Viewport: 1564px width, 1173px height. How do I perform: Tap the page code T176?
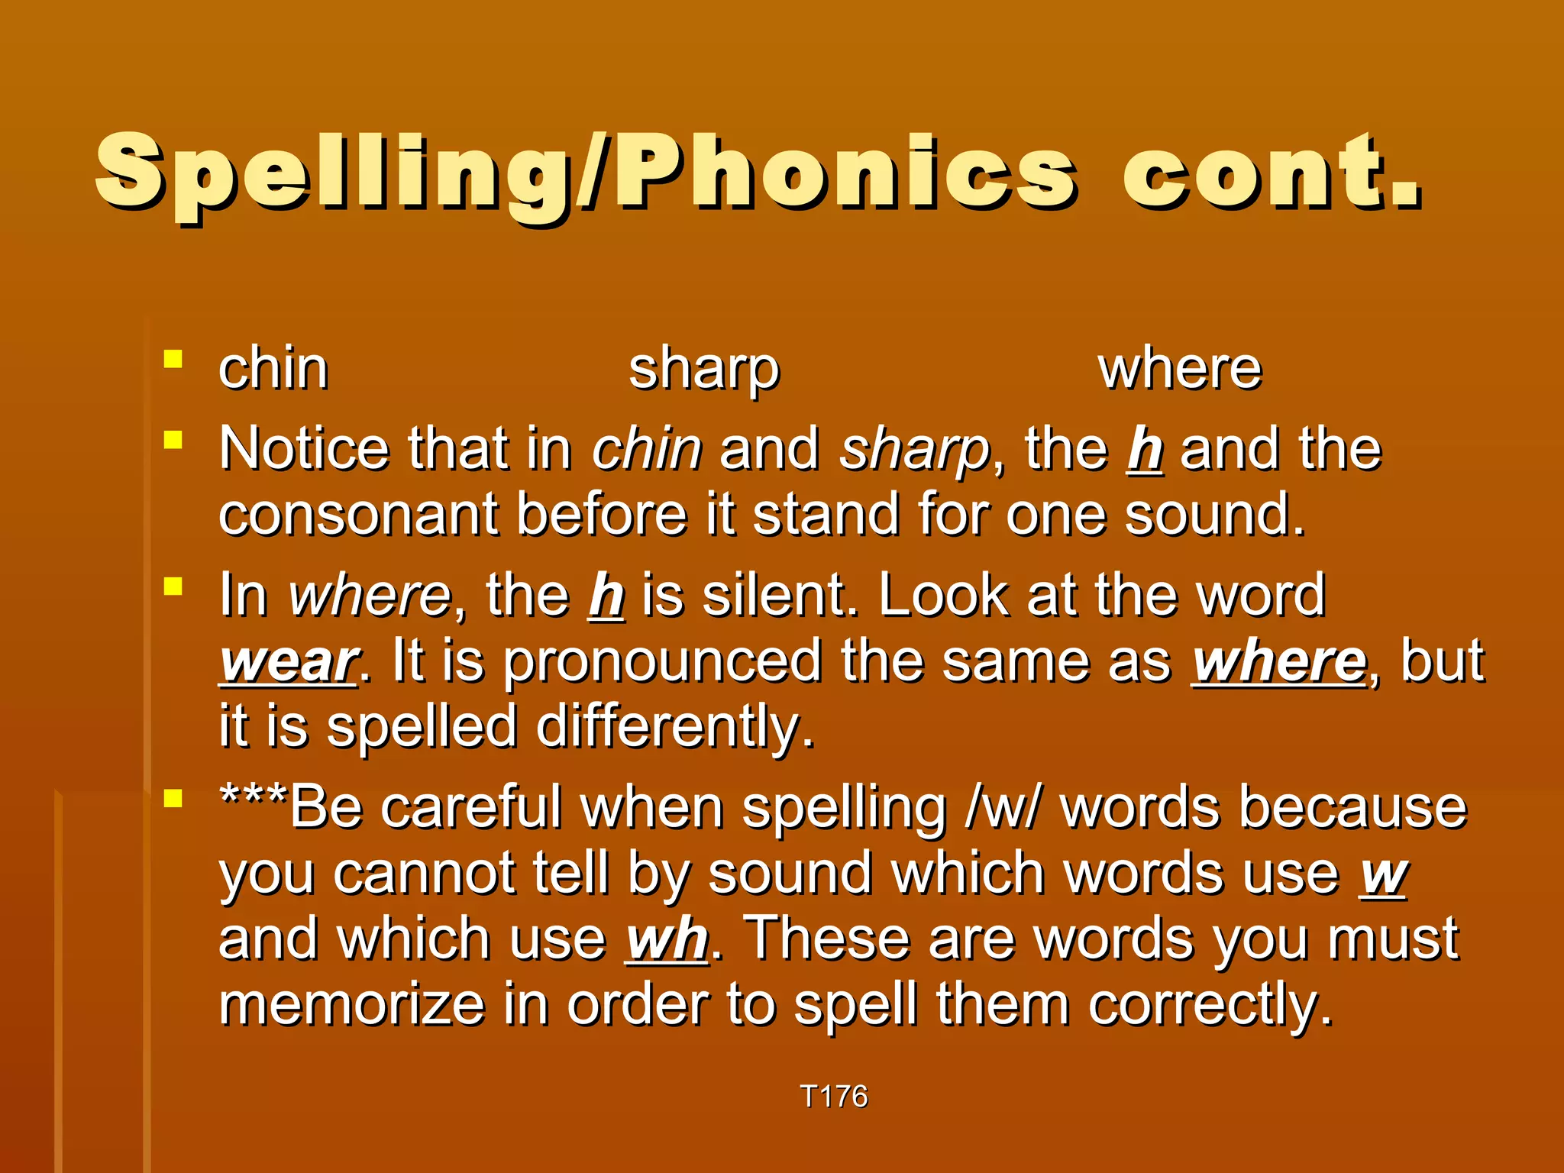[x=834, y=1097]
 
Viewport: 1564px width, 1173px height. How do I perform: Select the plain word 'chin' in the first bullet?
[x=273, y=369]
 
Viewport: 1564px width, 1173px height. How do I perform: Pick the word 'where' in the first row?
[x=1180, y=370]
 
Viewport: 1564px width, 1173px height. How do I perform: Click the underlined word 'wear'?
[x=289, y=662]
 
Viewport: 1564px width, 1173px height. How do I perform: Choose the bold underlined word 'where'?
[x=1279, y=661]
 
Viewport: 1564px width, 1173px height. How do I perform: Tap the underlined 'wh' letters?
[x=667, y=939]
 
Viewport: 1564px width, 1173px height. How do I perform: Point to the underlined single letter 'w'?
[x=1383, y=874]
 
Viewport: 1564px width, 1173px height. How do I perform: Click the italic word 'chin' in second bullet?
[x=647, y=449]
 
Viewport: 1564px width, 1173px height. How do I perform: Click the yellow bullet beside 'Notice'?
[x=173, y=440]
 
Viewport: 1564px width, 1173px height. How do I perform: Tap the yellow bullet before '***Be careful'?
[x=173, y=798]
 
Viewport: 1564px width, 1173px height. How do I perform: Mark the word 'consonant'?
[x=358, y=515]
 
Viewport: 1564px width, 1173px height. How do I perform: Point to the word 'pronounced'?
[x=661, y=662]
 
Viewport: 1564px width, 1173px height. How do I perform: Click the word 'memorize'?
[x=351, y=1005]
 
